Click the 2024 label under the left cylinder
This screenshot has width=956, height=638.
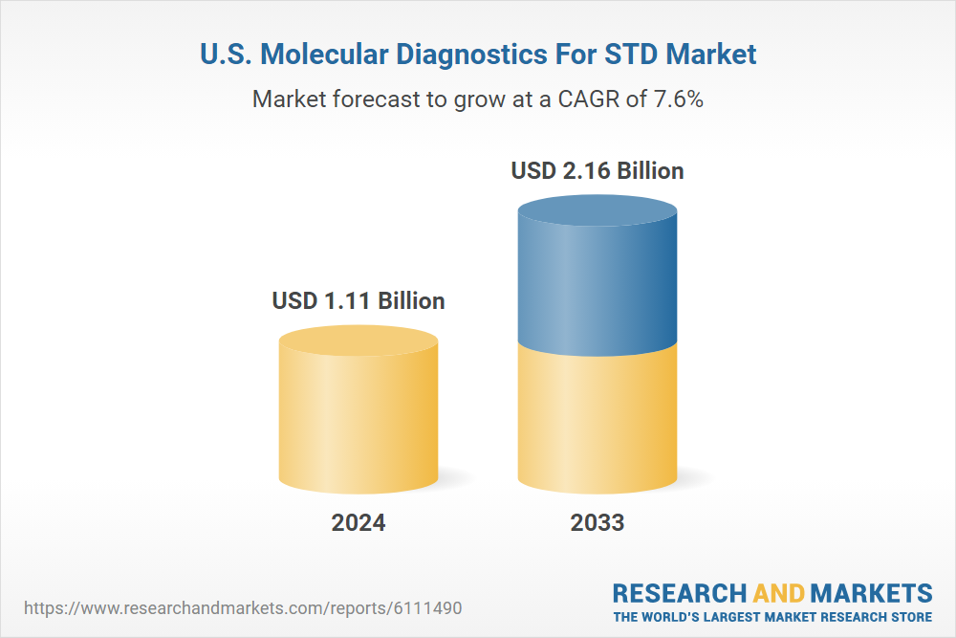click(x=358, y=523)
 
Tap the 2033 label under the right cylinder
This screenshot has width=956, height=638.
click(x=597, y=523)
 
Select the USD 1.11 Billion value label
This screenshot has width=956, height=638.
click(x=358, y=300)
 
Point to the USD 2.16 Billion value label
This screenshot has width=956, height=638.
click(x=597, y=171)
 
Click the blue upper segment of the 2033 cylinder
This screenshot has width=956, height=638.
click(x=597, y=277)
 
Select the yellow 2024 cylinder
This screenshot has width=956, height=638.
click(x=358, y=411)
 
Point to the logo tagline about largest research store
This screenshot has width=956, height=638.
click(x=772, y=616)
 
